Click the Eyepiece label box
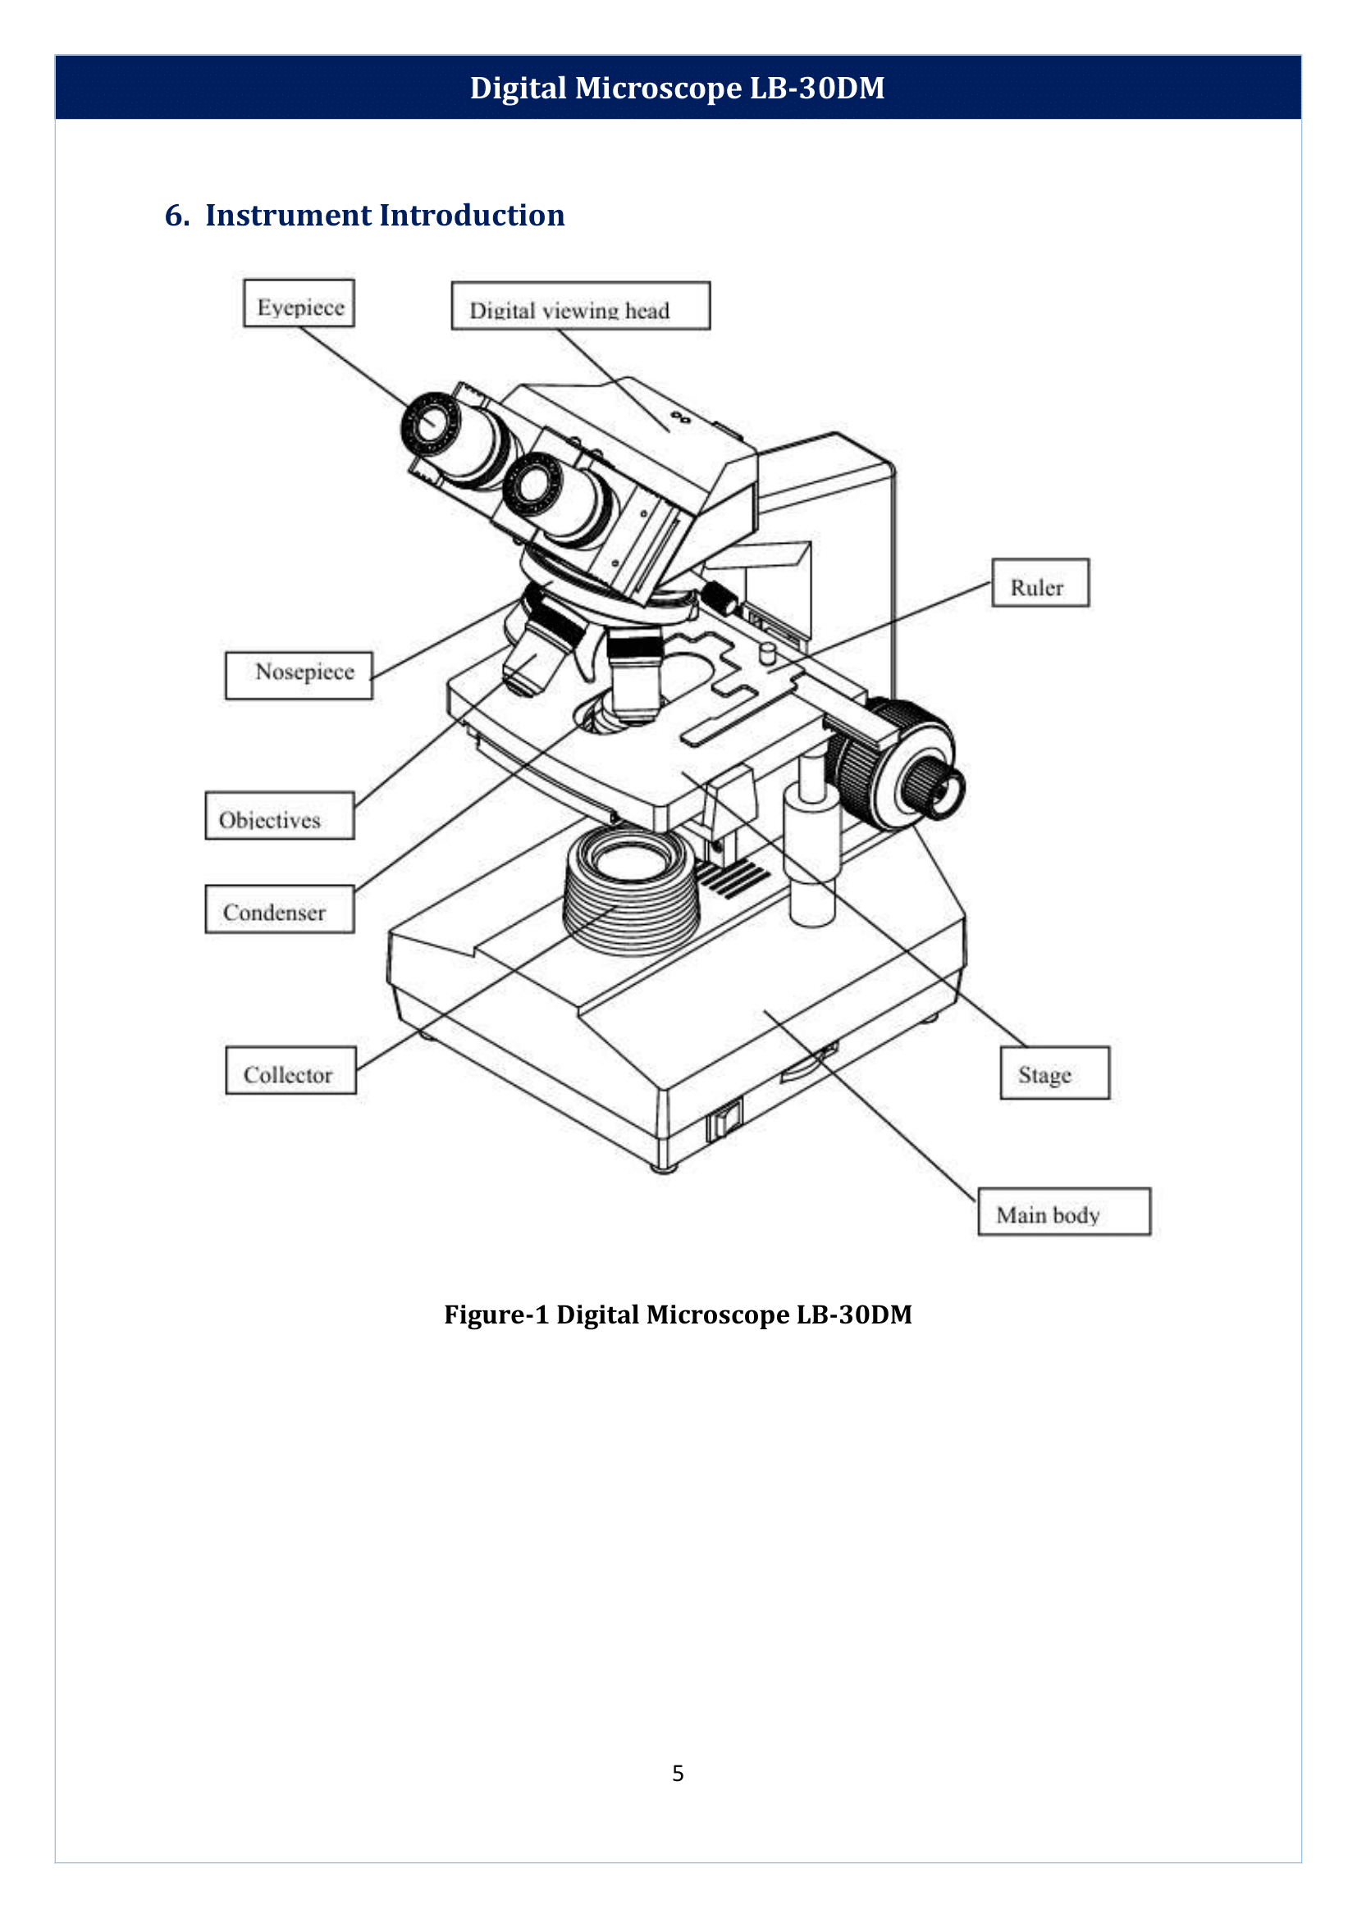[299, 303]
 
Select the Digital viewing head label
[580, 307]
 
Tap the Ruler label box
[1039, 583]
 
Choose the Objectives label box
[279, 816]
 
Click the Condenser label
[279, 909]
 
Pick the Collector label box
[290, 1071]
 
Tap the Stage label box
[1053, 1073]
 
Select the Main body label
[1064, 1212]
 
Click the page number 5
[678, 1773]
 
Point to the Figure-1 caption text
[678, 1314]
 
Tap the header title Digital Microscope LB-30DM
[678, 88]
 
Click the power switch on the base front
[724, 1122]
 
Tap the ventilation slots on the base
[733, 879]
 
